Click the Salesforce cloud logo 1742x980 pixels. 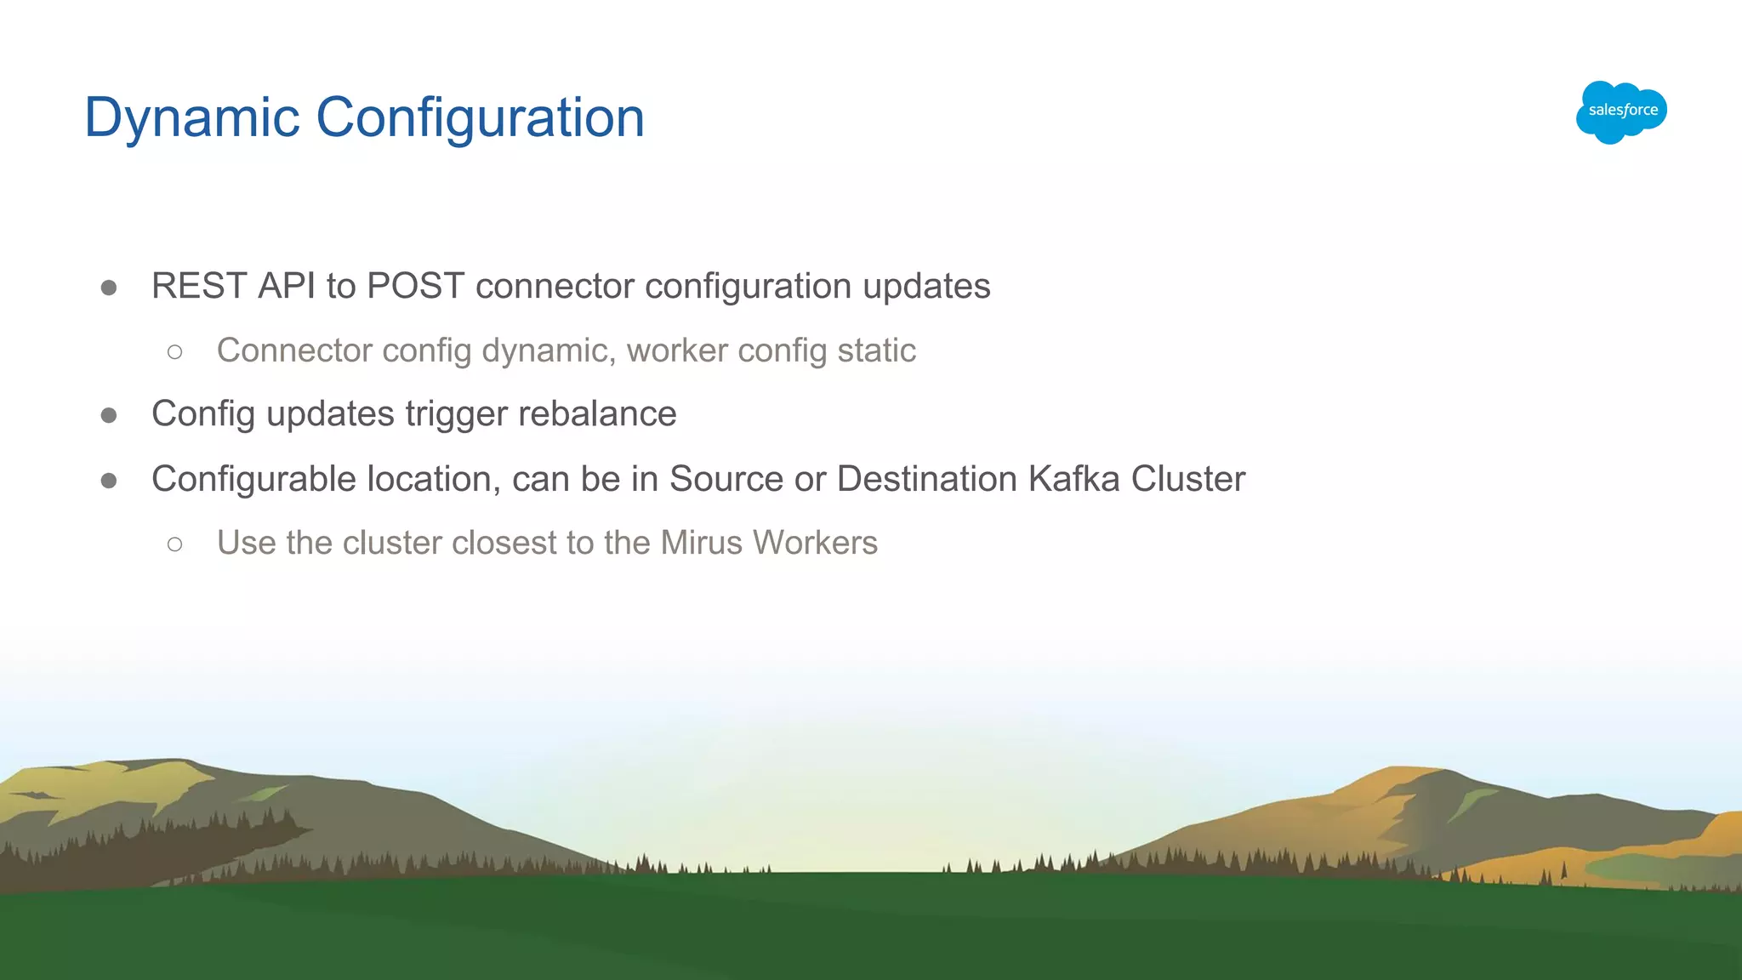click(1621, 111)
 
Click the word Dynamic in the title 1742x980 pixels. click(191, 117)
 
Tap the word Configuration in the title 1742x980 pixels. click(480, 117)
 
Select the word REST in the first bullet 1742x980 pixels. click(199, 286)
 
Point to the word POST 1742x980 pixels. click(415, 286)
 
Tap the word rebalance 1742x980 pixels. click(597, 414)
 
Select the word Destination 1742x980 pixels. click(927, 479)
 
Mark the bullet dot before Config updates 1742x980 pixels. click(109, 415)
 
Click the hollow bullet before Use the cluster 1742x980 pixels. click(175, 544)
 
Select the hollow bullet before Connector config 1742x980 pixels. click(175, 351)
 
